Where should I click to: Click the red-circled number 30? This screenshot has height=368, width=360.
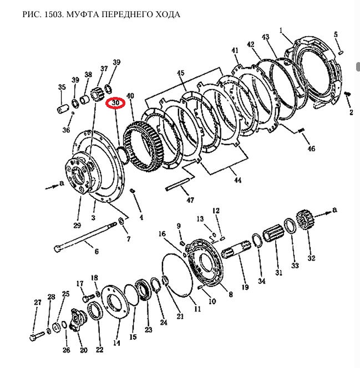[116, 103]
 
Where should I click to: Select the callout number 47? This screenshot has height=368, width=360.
[190, 200]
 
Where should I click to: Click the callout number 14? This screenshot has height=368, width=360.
[116, 344]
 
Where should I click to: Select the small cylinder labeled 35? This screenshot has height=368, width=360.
[60, 107]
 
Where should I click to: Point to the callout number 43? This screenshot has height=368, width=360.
[265, 38]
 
